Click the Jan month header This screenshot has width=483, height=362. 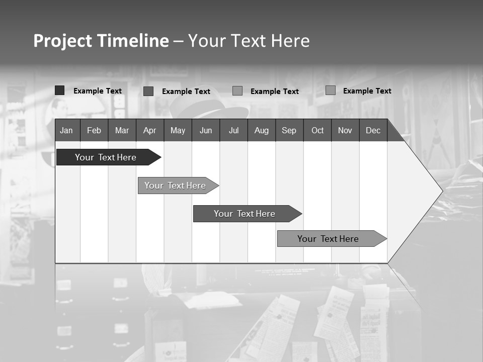click(66, 130)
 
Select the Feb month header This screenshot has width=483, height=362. click(94, 130)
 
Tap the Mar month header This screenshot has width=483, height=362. click(122, 130)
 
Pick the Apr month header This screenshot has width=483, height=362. click(149, 130)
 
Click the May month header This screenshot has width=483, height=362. click(178, 130)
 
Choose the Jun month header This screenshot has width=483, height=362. click(206, 130)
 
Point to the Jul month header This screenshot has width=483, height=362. click(233, 130)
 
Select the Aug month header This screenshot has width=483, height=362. click(261, 130)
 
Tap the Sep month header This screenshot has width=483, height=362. click(289, 130)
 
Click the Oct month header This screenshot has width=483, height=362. click(317, 130)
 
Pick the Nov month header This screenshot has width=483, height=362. click(345, 130)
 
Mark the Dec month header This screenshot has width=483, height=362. click(373, 130)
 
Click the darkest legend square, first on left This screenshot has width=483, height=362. click(60, 90)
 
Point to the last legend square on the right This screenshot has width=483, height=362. click(331, 90)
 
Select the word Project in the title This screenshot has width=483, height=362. click(62, 41)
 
